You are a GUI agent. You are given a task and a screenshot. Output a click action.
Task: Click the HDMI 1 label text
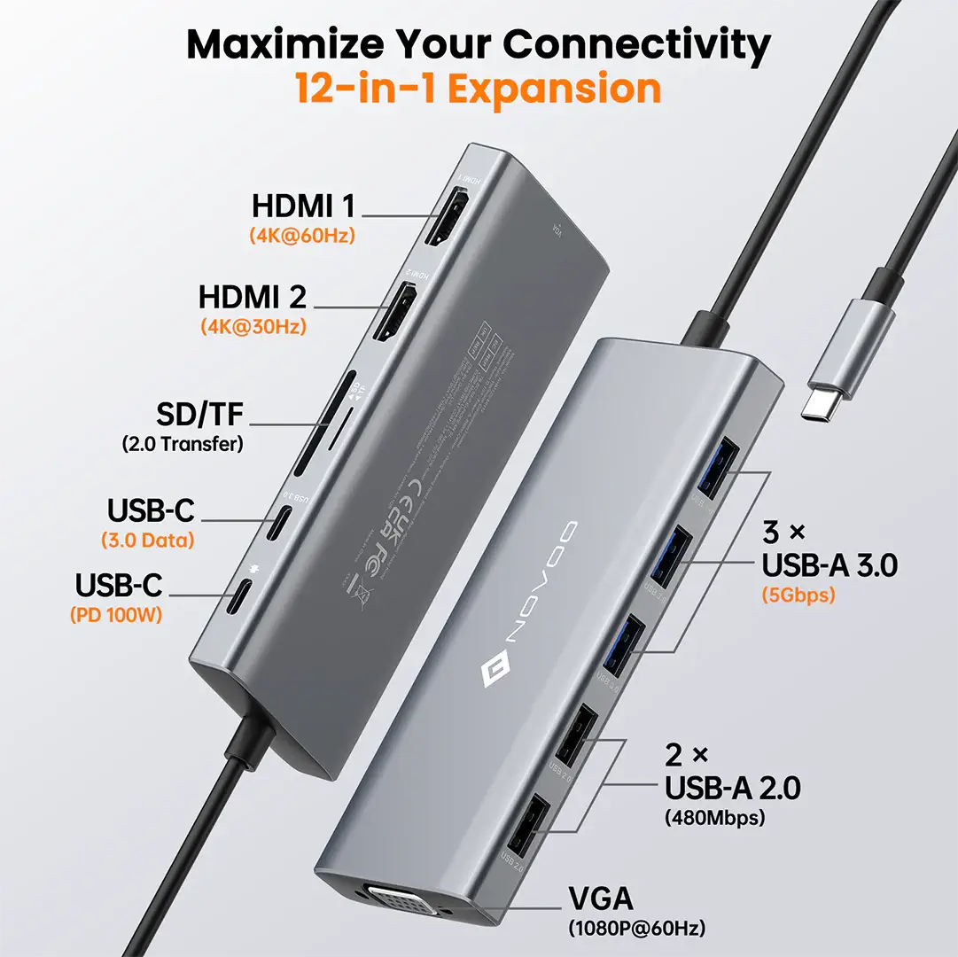pyautogui.click(x=303, y=206)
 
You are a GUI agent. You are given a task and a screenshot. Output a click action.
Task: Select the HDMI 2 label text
pyautogui.click(x=253, y=295)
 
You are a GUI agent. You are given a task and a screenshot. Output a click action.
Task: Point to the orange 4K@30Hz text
pyautogui.click(x=253, y=327)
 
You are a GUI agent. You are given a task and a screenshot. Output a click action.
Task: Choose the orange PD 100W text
pyautogui.click(x=116, y=614)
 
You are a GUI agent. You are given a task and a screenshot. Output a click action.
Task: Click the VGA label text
pyautogui.click(x=600, y=899)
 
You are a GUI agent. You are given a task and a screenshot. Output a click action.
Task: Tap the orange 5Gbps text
pyautogui.click(x=798, y=595)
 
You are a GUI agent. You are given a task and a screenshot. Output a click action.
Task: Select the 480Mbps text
pyautogui.click(x=714, y=818)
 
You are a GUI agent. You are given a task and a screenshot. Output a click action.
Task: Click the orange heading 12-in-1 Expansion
pyautogui.click(x=479, y=89)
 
